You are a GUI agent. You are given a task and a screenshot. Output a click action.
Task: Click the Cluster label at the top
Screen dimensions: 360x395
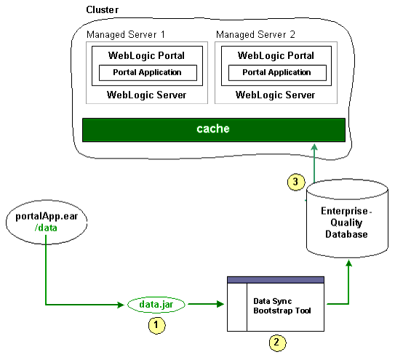(103, 9)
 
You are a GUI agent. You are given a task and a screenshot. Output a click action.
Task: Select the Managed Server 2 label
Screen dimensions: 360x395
(255, 35)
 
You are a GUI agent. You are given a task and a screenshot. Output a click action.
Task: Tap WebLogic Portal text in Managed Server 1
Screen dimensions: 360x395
(146, 56)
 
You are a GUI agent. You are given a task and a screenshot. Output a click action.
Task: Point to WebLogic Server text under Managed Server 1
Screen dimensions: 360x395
(146, 95)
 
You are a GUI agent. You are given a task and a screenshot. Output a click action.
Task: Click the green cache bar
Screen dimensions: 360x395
(212, 129)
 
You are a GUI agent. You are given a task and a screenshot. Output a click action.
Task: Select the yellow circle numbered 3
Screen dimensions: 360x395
(294, 183)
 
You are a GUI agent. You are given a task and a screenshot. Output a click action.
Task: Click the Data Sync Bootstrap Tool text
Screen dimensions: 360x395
(282, 305)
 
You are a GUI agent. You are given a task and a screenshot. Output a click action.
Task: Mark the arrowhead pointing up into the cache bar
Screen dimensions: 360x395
(314, 148)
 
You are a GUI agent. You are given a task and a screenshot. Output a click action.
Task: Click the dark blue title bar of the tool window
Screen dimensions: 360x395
(276, 280)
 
